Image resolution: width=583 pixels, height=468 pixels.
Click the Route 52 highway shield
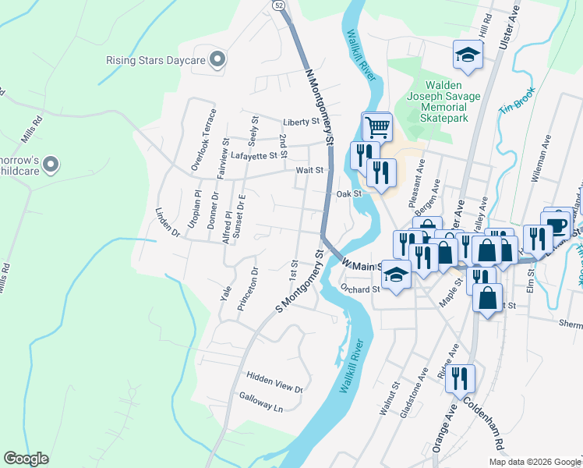pos(278,5)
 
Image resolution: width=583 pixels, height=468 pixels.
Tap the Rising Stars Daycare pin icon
pos(217,59)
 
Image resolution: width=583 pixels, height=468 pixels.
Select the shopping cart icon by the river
pos(376,126)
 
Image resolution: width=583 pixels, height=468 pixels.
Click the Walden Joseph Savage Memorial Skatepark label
pos(444,101)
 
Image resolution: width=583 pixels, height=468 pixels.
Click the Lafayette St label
pos(255,155)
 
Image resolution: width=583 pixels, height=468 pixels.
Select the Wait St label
pos(309,169)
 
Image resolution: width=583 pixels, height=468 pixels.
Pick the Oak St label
pos(349,193)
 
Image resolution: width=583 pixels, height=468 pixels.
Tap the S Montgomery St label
pos(299,282)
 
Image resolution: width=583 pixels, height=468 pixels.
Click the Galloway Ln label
pos(260,402)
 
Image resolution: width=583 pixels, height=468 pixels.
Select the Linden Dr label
pos(167,223)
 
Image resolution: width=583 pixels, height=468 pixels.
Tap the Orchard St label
pos(359,289)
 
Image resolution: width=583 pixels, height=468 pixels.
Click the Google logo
pos(26,459)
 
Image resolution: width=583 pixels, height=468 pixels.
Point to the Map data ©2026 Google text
pos(534,462)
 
